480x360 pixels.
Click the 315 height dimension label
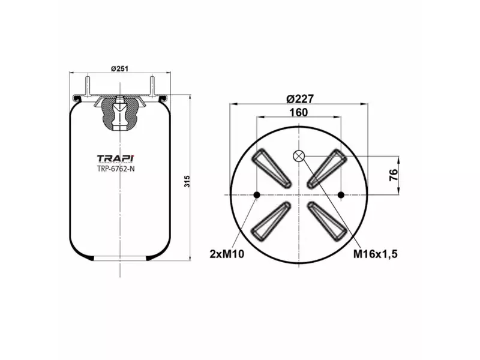[187, 181]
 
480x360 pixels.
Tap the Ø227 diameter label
[299, 99]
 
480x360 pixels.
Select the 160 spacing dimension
[298, 112]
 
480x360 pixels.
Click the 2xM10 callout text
[227, 254]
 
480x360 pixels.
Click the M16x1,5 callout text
[376, 254]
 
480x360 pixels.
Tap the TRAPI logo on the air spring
[116, 158]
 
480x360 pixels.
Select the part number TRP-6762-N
[116, 169]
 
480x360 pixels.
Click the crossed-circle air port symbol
[299, 157]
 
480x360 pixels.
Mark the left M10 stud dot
[256, 194]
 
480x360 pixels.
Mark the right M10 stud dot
[341, 194]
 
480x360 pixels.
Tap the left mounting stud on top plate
[88, 83]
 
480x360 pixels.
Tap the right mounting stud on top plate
[152, 83]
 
